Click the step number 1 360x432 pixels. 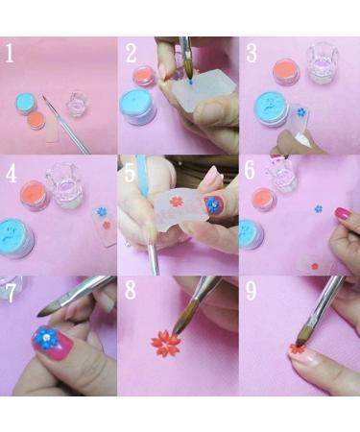[11, 54]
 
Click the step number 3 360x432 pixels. [252, 54]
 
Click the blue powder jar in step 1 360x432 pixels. [27, 103]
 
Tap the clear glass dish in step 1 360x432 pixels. [75, 103]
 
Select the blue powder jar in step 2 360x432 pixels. [137, 106]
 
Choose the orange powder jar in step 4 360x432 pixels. [35, 195]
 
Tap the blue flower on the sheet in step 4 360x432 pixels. [102, 210]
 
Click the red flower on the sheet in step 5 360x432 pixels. [176, 202]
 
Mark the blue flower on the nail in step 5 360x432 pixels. [212, 204]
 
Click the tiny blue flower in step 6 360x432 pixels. [318, 207]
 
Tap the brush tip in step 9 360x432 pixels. [300, 339]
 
